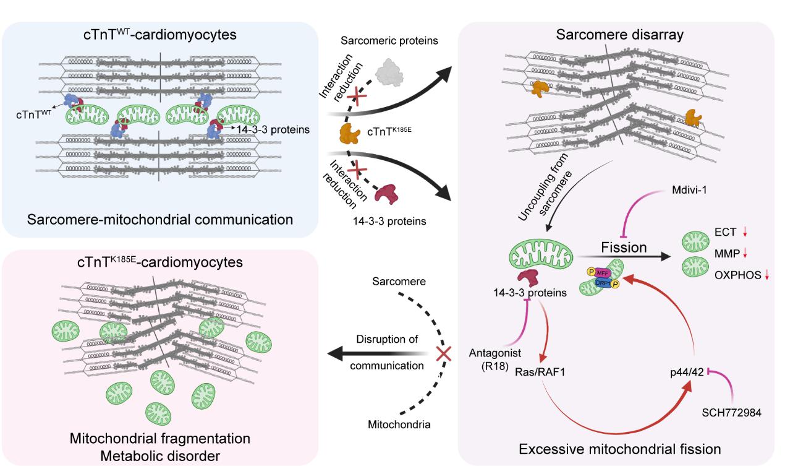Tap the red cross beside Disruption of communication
point(443,354)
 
